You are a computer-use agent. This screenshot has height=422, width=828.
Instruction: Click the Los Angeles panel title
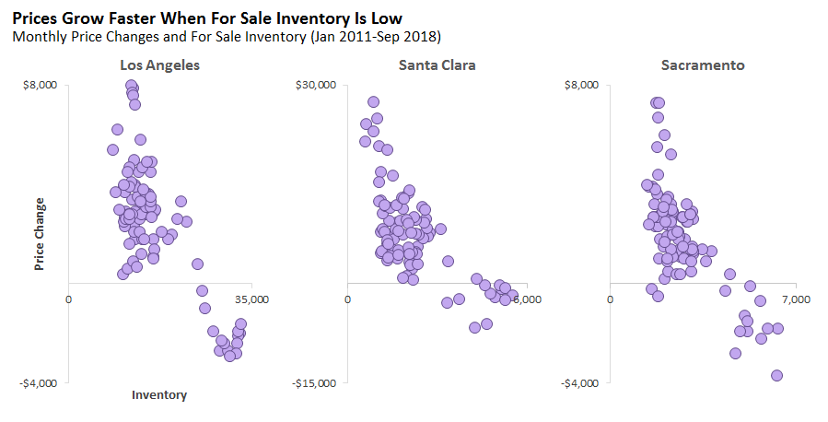pos(159,64)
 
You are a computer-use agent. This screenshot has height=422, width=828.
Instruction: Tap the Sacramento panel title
pos(703,64)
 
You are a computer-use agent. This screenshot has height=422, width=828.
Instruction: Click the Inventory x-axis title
pos(159,395)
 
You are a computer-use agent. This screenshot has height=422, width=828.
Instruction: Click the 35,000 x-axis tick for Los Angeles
pos(251,299)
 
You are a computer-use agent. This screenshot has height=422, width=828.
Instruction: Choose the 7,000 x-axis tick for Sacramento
pos(795,299)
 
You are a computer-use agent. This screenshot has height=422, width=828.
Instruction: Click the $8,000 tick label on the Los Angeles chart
pos(41,85)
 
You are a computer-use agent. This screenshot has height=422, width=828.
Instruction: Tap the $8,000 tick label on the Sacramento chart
pos(583,85)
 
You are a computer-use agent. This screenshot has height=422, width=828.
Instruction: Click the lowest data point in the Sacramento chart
pos(776,375)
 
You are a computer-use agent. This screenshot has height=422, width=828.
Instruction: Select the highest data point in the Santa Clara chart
pos(373,102)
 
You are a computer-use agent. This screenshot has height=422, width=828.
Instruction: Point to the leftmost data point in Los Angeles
pos(113,149)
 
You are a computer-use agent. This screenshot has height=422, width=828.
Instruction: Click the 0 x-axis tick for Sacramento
pos(611,299)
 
